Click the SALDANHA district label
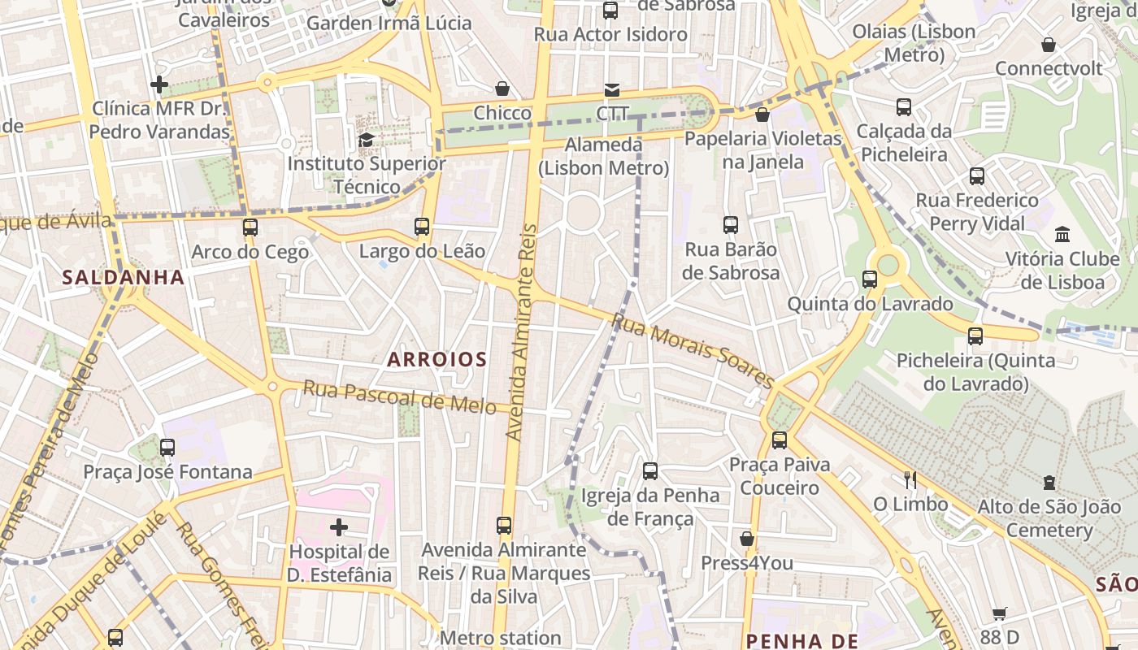(x=124, y=277)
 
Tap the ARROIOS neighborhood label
(x=437, y=359)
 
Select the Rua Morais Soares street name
(x=693, y=351)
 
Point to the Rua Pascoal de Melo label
(x=399, y=397)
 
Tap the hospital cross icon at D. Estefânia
(x=339, y=528)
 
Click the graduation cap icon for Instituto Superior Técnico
(x=366, y=140)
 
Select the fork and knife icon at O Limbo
(x=910, y=480)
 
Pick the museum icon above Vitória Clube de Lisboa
(x=1062, y=235)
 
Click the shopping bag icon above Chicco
(x=502, y=89)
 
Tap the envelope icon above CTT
(x=611, y=89)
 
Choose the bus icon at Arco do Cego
(x=250, y=227)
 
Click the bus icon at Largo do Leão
(x=422, y=227)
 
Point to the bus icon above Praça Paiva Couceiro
(x=780, y=440)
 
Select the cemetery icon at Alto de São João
(x=1049, y=483)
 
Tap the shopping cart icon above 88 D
(x=999, y=614)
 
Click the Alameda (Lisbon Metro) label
(x=603, y=156)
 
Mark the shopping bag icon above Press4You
(x=747, y=539)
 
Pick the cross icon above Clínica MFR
(x=159, y=84)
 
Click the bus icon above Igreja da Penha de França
(x=650, y=470)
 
